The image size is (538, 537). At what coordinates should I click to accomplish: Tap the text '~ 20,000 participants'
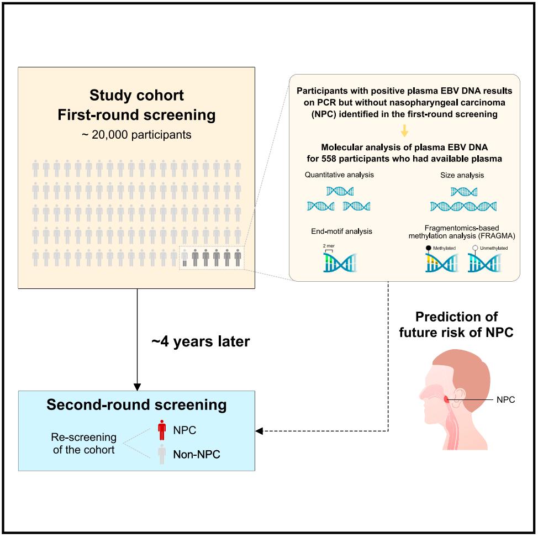pyautogui.click(x=136, y=134)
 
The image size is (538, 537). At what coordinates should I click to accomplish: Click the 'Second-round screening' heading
pyautogui.click(x=136, y=405)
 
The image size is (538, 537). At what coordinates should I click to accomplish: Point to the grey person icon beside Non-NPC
pyautogui.click(x=162, y=454)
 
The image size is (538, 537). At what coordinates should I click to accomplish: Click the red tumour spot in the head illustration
pyautogui.click(x=446, y=399)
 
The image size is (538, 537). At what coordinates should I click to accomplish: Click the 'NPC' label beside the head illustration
pyautogui.click(x=505, y=399)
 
